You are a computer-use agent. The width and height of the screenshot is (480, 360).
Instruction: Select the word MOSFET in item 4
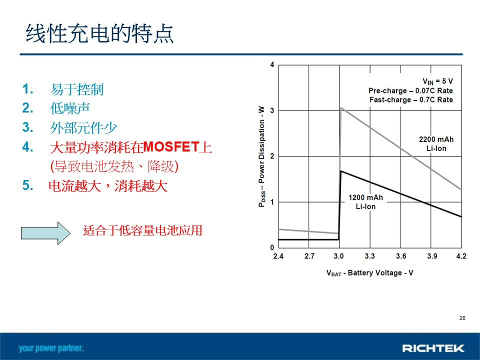pyautogui.click(x=171, y=147)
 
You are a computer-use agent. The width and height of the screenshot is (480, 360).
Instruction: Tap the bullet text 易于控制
pyautogui.click(x=77, y=89)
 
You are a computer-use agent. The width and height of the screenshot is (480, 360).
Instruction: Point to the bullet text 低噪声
pyautogui.click(x=70, y=108)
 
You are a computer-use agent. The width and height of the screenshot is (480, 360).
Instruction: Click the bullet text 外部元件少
pyautogui.click(x=83, y=127)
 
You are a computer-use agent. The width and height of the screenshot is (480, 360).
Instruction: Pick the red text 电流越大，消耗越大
pyautogui.click(x=108, y=186)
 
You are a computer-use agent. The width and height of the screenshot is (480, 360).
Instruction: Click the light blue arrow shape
pyautogui.click(x=45, y=233)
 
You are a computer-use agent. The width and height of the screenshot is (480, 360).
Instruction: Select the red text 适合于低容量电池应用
pyautogui.click(x=142, y=230)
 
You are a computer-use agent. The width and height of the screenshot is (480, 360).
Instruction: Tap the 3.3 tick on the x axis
pyautogui.click(x=369, y=256)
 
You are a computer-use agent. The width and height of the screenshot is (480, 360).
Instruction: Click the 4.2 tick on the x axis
pyautogui.click(x=461, y=256)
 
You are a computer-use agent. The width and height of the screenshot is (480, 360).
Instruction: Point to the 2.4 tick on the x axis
pyautogui.click(x=278, y=256)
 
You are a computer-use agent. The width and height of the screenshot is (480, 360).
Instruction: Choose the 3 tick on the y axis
pyautogui.click(x=272, y=110)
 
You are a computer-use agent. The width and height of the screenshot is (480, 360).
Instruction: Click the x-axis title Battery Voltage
pyautogui.click(x=374, y=272)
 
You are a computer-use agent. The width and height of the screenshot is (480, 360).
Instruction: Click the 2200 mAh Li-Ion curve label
pyautogui.click(x=436, y=144)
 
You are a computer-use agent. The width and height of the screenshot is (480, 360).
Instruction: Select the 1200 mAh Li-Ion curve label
pyautogui.click(x=365, y=202)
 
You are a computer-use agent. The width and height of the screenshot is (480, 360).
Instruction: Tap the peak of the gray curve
pyautogui.click(x=341, y=107)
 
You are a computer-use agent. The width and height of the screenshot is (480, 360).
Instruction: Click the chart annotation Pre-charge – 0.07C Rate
pyautogui.click(x=410, y=90)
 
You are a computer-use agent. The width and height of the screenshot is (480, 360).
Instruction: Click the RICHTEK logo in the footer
pyautogui.click(x=433, y=348)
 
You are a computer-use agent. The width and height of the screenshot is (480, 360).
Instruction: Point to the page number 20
pyautogui.click(x=462, y=318)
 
